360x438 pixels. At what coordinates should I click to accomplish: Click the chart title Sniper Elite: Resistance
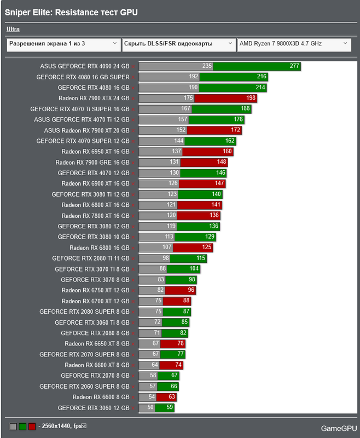tap(71, 11)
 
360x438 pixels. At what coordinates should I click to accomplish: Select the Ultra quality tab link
tap(13, 29)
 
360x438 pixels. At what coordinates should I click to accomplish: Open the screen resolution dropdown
tap(63, 43)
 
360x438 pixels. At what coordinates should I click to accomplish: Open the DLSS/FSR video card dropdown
tap(178, 43)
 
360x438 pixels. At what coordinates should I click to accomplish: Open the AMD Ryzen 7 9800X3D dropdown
tap(293, 43)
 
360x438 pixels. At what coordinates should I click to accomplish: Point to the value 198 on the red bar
tap(251, 98)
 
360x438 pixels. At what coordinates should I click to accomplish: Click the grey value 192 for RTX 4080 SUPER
tap(194, 77)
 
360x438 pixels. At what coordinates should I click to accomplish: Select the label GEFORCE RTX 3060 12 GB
tap(93, 408)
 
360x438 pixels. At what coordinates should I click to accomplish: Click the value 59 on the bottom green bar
tap(169, 408)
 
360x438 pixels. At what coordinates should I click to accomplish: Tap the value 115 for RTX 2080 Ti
tap(201, 258)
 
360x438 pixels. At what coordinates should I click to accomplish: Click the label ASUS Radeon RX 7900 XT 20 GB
tap(86, 130)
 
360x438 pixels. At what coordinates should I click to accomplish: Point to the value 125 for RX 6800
tap(206, 247)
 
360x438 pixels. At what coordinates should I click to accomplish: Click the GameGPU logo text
tap(339, 428)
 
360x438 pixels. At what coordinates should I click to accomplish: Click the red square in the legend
tap(32, 426)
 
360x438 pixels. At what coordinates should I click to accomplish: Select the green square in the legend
tap(22, 426)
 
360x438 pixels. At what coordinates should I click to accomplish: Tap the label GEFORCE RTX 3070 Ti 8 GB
tap(92, 269)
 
